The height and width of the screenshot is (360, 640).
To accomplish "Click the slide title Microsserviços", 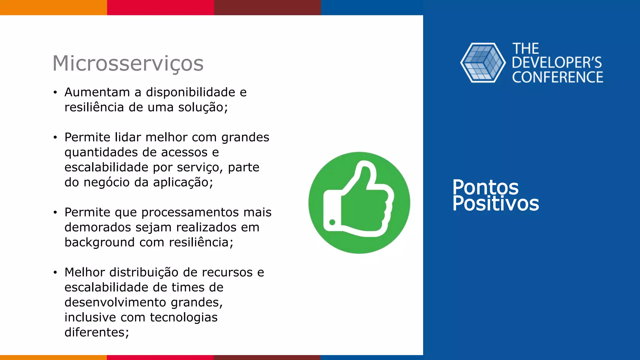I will click(128, 63).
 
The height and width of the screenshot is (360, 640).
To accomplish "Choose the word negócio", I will click(106, 182).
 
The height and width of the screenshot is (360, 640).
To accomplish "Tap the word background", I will click(99, 242).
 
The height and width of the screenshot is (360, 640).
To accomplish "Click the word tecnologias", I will click(184, 317).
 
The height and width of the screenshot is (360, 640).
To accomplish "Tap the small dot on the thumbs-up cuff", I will click(332, 222).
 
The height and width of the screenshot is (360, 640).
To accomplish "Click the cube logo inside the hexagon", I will click(483, 63).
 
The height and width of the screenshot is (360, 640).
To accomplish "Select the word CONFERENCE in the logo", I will click(557, 77).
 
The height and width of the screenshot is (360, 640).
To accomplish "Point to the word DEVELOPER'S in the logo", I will click(557, 63).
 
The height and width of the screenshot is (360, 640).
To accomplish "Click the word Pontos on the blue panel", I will click(485, 187).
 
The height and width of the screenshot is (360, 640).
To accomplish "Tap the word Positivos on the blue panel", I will click(496, 204).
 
